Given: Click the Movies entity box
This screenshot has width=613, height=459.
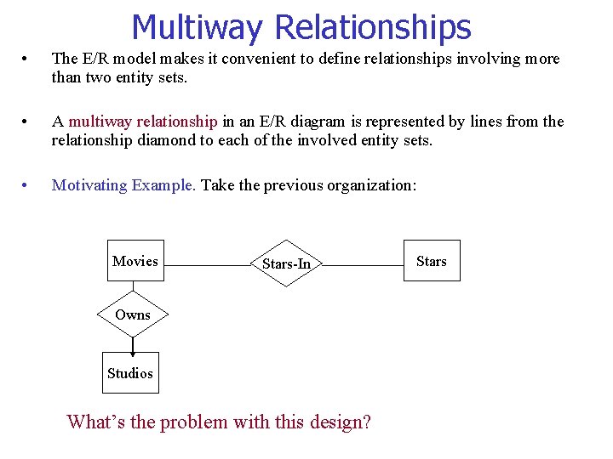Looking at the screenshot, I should click(x=135, y=261).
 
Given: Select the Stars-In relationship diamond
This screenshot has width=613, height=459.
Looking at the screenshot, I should click(x=286, y=263).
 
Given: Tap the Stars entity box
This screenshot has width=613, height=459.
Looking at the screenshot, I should click(x=431, y=261).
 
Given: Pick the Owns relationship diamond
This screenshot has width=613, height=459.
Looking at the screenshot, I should click(x=133, y=314).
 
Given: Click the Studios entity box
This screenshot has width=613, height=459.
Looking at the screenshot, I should click(x=130, y=373).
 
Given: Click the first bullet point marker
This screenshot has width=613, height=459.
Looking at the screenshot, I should click(x=27, y=59).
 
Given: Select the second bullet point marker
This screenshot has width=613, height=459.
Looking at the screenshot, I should click(x=27, y=122).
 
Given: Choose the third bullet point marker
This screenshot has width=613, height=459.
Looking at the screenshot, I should click(x=27, y=185).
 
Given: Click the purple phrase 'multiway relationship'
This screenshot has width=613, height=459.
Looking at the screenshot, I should click(x=143, y=122).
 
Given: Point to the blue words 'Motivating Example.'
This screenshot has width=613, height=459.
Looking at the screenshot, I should click(x=123, y=184).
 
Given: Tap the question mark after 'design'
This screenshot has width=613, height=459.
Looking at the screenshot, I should click(x=366, y=422).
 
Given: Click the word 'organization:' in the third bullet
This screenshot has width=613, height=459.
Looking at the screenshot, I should click(x=375, y=184).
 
